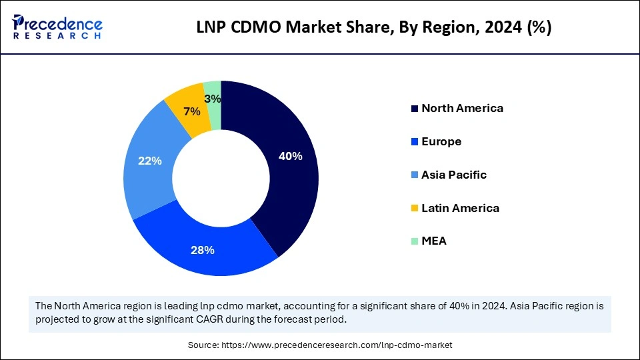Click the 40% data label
pos(291,157)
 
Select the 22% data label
pos(149,161)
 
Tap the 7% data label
pos(193,112)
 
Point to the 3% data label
pos(213,99)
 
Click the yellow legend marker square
pos(415,209)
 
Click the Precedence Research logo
pos(57,27)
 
